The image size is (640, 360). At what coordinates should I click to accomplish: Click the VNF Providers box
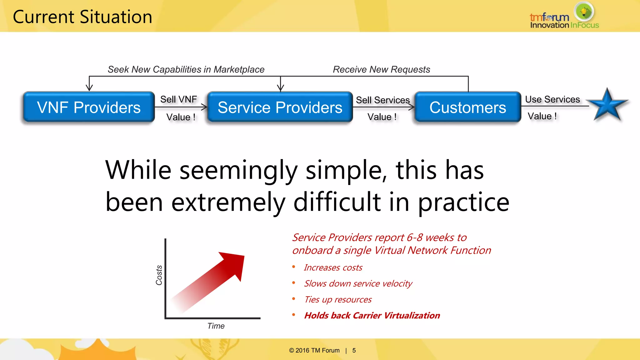pyautogui.click(x=89, y=107)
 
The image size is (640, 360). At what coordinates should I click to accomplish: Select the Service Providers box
pyautogui.click(x=280, y=107)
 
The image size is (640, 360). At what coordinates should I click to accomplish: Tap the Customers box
pyautogui.click(x=467, y=107)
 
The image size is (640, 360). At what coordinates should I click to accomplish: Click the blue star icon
pyautogui.click(x=607, y=106)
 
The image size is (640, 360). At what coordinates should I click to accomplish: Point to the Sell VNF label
pyautogui.click(x=178, y=99)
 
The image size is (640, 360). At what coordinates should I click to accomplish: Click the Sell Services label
pyautogui.click(x=382, y=100)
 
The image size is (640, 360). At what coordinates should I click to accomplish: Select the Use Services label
pyautogui.click(x=552, y=99)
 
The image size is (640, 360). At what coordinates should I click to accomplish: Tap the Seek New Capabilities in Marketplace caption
pyautogui.click(x=186, y=69)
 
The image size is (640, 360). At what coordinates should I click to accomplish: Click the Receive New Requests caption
pyautogui.click(x=381, y=69)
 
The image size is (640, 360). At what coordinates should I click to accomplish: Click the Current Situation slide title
pyautogui.click(x=82, y=17)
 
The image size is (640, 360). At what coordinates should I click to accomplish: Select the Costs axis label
pyautogui.click(x=159, y=275)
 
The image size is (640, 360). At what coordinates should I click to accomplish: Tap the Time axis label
pyautogui.click(x=216, y=326)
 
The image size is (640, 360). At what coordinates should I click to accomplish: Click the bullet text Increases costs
pyautogui.click(x=333, y=267)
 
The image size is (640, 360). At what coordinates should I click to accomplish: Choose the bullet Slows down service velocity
pyautogui.click(x=358, y=283)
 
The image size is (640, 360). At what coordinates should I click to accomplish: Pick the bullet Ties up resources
pyautogui.click(x=338, y=299)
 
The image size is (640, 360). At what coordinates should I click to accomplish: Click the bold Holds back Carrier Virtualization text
pyautogui.click(x=372, y=315)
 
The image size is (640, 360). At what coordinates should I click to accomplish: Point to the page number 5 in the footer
pyautogui.click(x=354, y=350)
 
